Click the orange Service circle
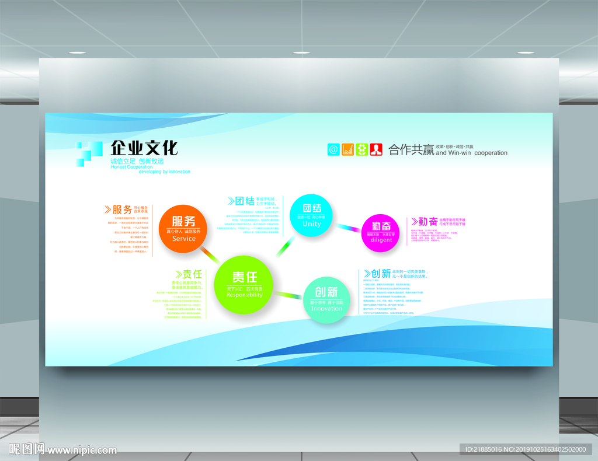point(183,228)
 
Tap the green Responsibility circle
point(244,284)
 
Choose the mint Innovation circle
point(326,299)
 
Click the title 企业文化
point(144,148)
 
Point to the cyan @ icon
point(333,149)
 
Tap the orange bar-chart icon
point(347,149)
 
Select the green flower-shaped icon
point(362,149)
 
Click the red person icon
point(376,149)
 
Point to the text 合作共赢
point(411,151)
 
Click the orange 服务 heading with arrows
point(118,209)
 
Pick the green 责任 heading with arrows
point(189,274)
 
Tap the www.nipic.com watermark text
point(82,450)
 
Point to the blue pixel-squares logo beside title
point(86,153)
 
